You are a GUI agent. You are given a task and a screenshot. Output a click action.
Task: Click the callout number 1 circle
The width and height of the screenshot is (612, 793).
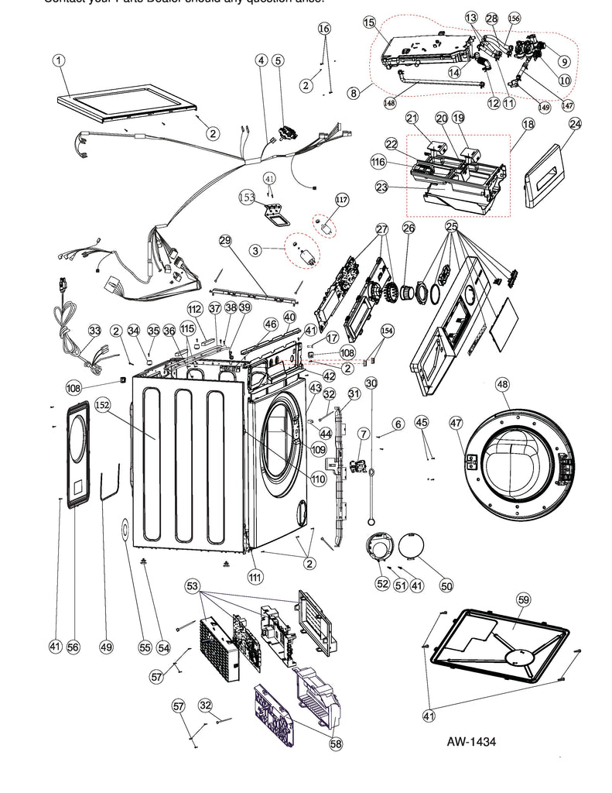click(x=59, y=60)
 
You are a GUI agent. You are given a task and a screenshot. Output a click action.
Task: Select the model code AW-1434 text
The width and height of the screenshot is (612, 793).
click(x=471, y=741)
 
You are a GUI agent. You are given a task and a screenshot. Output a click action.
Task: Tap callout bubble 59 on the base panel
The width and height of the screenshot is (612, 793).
click(x=524, y=599)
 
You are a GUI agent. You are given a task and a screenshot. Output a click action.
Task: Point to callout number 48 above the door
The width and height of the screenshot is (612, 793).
click(x=502, y=384)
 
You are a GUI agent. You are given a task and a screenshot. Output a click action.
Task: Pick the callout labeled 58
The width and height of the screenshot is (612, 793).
click(x=336, y=743)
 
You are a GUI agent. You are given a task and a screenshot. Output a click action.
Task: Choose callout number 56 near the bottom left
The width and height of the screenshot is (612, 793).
click(x=74, y=647)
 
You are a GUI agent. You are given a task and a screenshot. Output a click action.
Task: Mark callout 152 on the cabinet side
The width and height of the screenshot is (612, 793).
click(x=102, y=405)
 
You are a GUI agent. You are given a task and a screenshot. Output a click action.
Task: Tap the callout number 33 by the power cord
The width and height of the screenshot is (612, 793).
click(x=94, y=331)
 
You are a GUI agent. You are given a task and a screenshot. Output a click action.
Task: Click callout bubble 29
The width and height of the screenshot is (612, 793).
click(x=225, y=241)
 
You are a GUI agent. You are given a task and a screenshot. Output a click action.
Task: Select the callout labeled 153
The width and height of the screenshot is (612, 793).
click(x=247, y=197)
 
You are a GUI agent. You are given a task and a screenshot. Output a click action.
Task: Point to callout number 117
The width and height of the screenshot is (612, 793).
click(x=341, y=199)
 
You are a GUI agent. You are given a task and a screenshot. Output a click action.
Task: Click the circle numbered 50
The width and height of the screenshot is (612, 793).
click(x=446, y=585)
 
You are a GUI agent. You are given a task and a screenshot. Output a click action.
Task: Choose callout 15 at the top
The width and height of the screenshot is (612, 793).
click(x=368, y=22)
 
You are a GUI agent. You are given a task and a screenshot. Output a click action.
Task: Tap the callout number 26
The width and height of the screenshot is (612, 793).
click(x=409, y=228)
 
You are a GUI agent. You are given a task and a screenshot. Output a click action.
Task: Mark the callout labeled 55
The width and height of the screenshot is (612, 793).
click(x=144, y=647)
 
